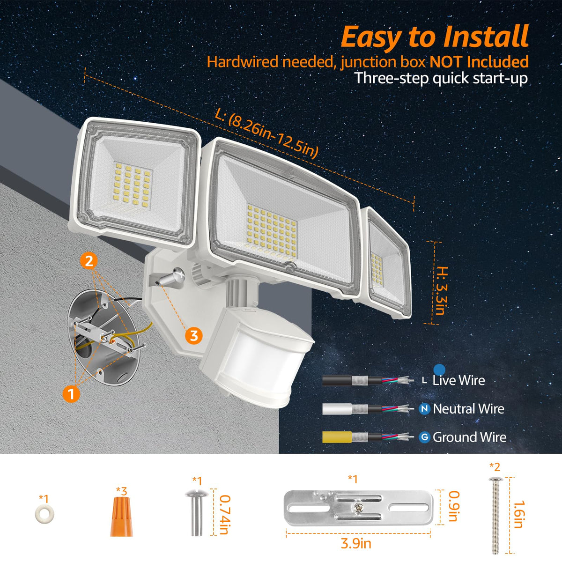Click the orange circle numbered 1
(71, 394)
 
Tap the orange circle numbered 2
(89, 261)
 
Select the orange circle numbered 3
(193, 335)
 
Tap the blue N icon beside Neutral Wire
(424, 408)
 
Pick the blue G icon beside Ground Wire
(424, 437)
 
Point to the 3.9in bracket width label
(356, 544)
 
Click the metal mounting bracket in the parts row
(358, 508)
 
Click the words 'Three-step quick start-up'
(441, 78)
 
